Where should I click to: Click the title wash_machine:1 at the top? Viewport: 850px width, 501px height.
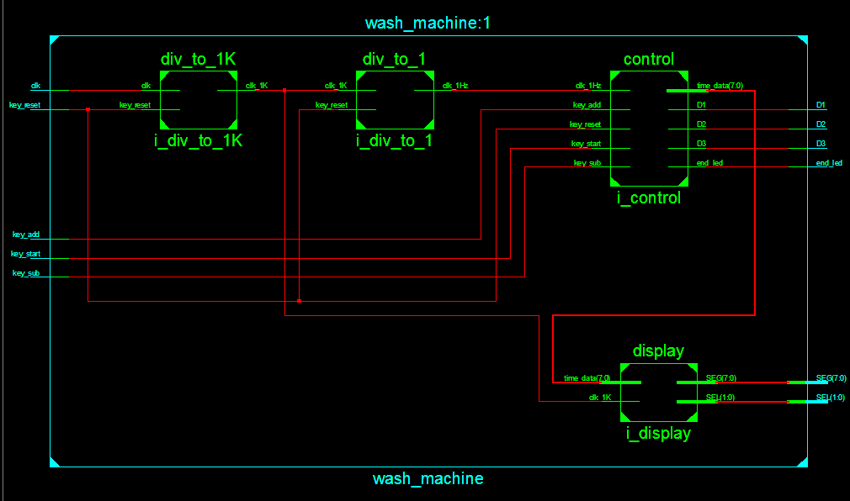point(428,23)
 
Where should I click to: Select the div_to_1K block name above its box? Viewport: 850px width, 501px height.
point(198,60)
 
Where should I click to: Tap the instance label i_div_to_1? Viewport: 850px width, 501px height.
point(394,140)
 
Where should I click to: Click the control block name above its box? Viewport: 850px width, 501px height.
point(648,60)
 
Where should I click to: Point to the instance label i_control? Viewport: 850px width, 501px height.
point(648,198)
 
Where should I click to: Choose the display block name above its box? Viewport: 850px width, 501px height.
point(658,351)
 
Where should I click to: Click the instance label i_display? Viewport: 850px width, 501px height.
point(658,434)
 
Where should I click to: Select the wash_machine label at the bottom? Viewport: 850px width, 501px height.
point(428,479)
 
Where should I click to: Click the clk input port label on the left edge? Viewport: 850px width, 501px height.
point(35,86)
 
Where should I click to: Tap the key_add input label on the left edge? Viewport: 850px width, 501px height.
point(26,235)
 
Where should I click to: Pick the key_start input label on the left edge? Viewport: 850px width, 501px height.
point(25,254)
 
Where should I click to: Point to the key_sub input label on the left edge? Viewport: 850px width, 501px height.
point(26,273)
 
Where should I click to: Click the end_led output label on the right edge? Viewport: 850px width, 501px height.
point(829,163)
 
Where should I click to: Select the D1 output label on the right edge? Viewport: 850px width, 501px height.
point(821,105)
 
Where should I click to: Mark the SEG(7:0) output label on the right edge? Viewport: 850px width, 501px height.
point(831,378)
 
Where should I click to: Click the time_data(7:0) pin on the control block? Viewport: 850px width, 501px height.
point(720,86)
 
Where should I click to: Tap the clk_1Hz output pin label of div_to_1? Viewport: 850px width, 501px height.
point(455,86)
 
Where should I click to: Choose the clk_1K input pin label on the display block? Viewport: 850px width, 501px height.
point(600,398)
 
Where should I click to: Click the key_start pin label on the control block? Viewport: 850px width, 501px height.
point(586,144)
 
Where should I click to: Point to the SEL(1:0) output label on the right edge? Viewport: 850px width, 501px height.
point(831,398)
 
